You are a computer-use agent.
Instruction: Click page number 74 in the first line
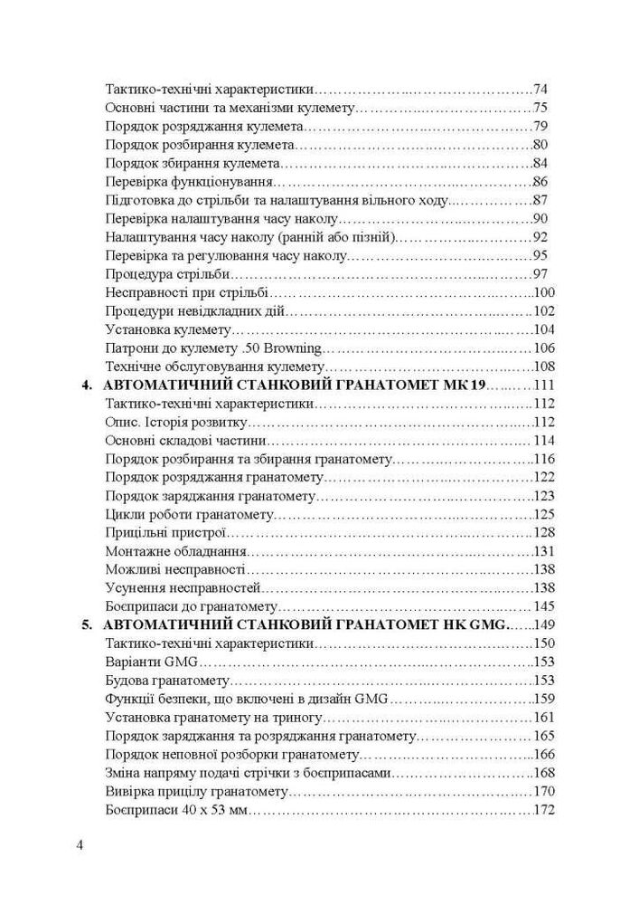point(542,90)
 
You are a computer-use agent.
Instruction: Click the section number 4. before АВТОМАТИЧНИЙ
point(88,386)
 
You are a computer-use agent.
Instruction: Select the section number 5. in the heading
point(88,624)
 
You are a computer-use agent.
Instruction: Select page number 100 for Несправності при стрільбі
point(544,292)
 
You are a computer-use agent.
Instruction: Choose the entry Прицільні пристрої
point(164,532)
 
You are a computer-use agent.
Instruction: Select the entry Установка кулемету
point(169,329)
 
